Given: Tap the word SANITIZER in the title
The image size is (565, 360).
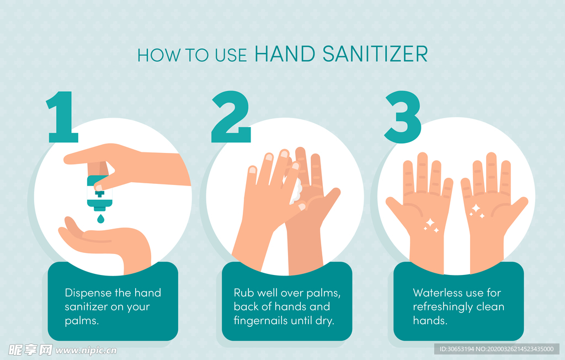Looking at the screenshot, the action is (375, 54).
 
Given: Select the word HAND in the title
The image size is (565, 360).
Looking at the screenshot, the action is (285, 54).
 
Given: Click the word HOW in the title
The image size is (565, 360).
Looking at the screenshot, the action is (159, 55).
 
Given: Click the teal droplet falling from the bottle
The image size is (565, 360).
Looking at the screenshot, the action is (100, 219).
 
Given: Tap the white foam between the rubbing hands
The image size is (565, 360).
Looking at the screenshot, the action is (296, 190).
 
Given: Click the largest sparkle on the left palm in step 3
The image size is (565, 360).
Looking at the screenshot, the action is (430, 223).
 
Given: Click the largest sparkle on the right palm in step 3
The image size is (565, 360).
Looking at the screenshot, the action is (476, 208).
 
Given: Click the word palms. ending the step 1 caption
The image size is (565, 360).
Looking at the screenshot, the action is (82, 321).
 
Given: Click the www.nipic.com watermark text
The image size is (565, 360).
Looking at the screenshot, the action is (86, 350).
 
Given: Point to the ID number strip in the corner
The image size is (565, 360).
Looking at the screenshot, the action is (497, 349).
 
